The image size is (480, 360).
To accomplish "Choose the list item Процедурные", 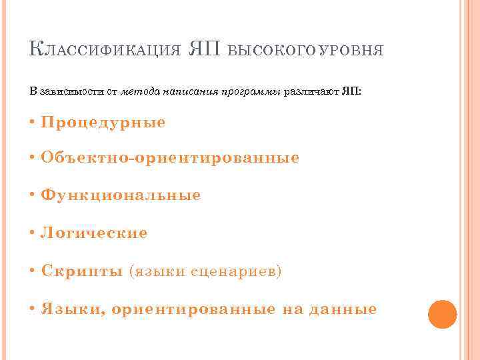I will (103, 123).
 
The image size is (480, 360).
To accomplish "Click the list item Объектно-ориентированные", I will (169, 158).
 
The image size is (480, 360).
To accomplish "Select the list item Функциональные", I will (120, 195).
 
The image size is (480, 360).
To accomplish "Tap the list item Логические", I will (94, 233).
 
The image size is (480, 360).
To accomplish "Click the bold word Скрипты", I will (81, 271).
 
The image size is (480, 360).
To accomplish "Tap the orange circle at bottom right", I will (442, 313).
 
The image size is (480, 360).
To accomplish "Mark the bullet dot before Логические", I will (33, 233).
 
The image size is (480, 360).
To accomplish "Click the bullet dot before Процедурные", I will (33, 123).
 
